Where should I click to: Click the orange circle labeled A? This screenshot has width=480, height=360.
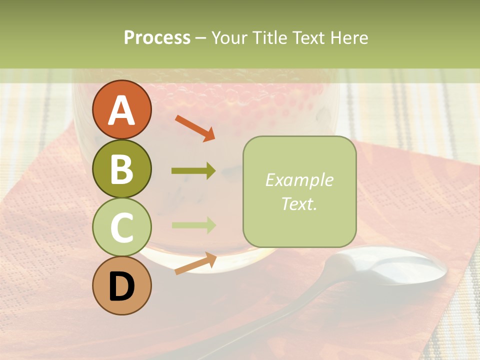coord(121,109)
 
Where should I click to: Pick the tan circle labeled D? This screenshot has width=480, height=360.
coord(121,285)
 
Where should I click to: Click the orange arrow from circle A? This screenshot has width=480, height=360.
coord(195,128)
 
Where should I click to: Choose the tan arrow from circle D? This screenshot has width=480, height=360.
coord(195,263)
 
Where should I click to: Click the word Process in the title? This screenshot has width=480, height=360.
coord(157,38)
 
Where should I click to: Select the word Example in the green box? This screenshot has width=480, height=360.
coord(299,180)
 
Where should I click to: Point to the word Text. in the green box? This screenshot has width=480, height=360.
coord(299,203)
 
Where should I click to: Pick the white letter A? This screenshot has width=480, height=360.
coord(121,110)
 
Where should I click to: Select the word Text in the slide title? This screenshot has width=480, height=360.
coord(308,38)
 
